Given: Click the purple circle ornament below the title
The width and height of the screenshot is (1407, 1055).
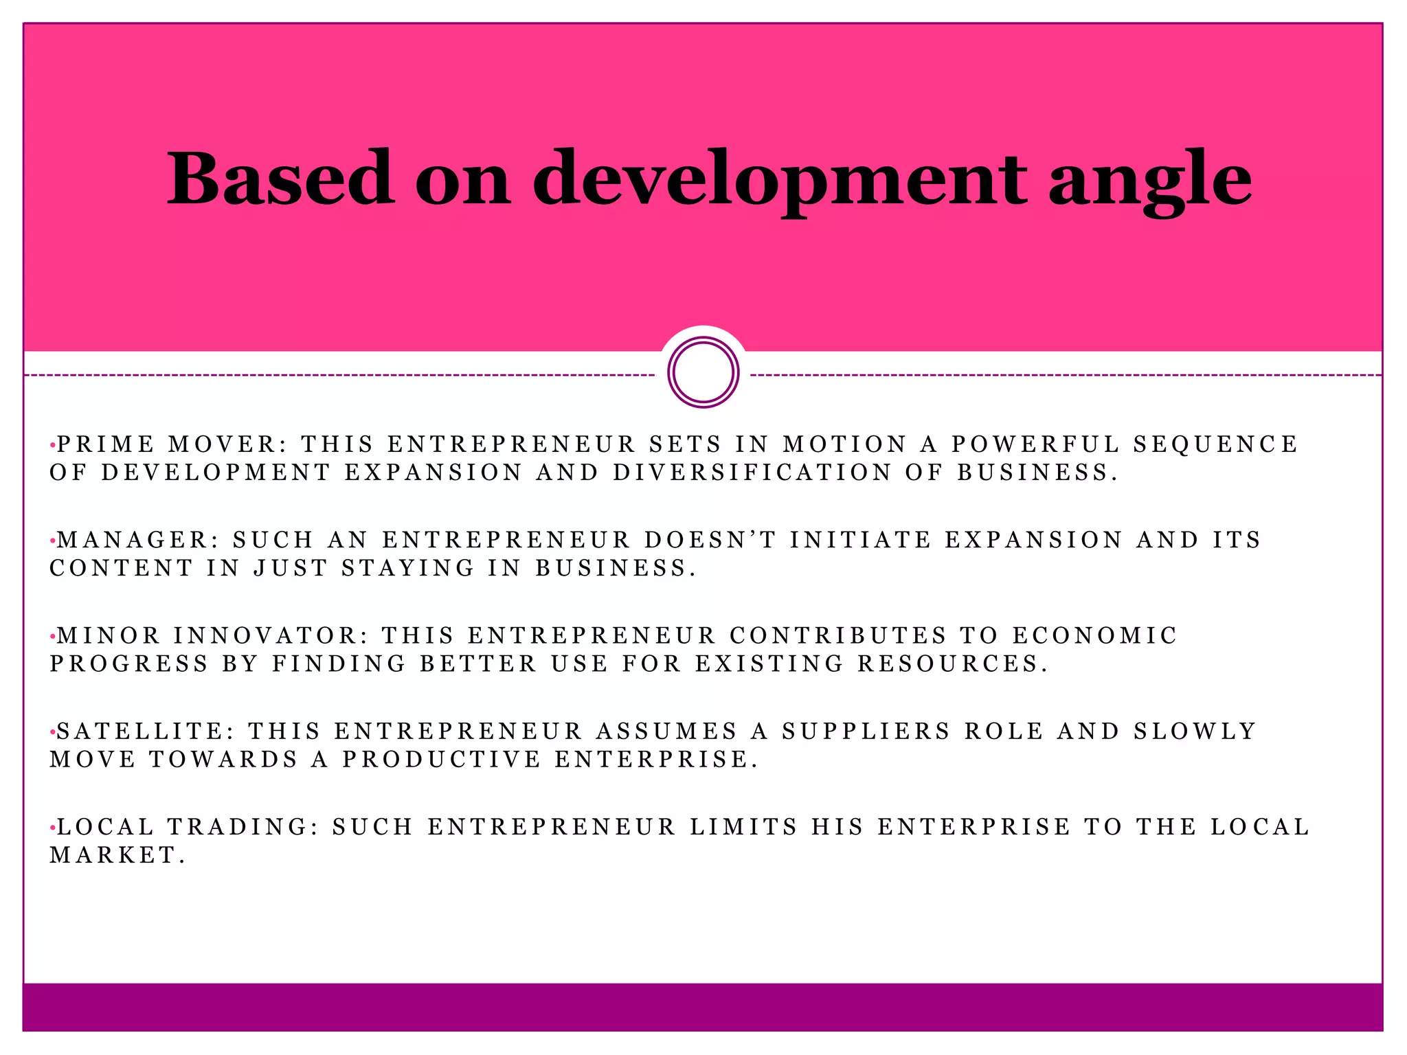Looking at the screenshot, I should click(703, 372).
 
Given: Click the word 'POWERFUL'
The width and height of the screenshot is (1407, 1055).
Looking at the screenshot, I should click(1035, 444).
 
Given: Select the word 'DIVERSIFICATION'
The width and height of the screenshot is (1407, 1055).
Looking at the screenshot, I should click(752, 473).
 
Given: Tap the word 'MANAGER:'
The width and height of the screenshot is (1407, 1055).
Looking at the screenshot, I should click(138, 540).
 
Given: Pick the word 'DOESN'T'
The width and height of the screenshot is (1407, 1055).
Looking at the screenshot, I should click(710, 540).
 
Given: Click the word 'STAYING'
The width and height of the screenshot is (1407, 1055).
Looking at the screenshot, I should click(408, 568).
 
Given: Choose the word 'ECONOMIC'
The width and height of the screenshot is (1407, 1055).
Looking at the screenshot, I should click(1095, 635).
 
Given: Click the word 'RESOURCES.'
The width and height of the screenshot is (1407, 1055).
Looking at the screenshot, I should click(953, 663).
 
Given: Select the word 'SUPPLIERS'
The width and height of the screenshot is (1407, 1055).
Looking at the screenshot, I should click(866, 731).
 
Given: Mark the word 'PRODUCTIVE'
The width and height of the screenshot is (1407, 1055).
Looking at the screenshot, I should click(442, 759).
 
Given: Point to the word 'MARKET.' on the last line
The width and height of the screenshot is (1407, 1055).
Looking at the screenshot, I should click(117, 854).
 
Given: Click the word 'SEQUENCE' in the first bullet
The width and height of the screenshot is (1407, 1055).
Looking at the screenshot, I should click(1215, 444).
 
